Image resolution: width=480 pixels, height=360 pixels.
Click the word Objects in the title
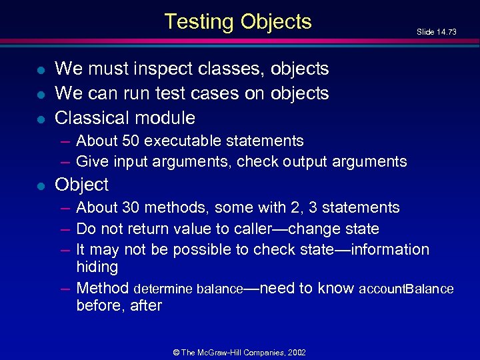[x=276, y=22]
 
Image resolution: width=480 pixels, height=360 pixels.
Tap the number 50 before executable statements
[x=131, y=141]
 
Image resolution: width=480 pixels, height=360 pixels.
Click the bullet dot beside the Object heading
[x=41, y=185]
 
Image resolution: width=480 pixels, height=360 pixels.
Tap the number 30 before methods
[x=131, y=207]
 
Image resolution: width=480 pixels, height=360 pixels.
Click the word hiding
[x=97, y=267]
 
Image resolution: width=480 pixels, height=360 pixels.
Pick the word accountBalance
[x=406, y=289]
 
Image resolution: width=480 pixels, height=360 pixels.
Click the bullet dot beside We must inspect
[x=41, y=69]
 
